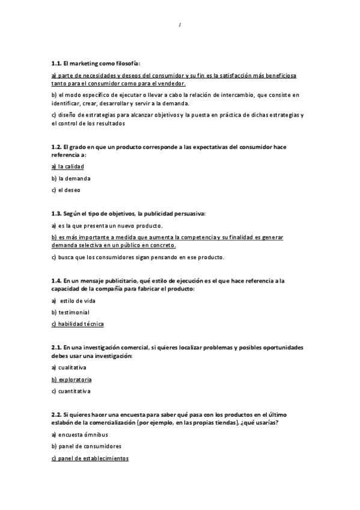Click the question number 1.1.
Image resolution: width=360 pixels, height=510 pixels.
(56, 63)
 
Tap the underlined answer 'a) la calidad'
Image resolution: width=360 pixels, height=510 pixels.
(68, 166)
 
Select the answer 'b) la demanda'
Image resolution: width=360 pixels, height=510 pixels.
(70, 178)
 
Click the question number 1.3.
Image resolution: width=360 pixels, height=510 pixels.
(56, 214)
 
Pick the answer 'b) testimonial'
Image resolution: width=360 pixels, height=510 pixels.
(70, 312)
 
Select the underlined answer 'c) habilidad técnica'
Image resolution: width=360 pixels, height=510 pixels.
(78, 324)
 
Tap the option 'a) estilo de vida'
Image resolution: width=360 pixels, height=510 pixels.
(73, 300)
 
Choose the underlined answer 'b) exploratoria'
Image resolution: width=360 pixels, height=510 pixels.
(72, 379)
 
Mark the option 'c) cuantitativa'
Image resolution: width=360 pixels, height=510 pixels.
(71, 392)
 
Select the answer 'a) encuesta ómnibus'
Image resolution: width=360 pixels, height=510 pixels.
(78, 434)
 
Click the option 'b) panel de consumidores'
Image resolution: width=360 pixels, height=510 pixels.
(87, 446)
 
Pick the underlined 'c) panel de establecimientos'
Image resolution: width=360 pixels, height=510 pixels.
(90, 458)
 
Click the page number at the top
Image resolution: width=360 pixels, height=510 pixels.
(180, 25)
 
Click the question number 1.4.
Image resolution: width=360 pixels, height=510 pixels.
(56, 280)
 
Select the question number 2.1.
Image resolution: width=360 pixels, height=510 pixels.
(56, 348)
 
